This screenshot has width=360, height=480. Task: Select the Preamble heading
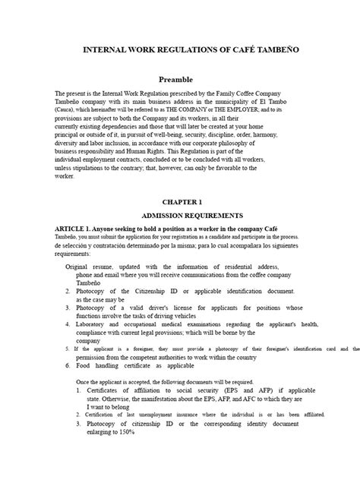[175, 79]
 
